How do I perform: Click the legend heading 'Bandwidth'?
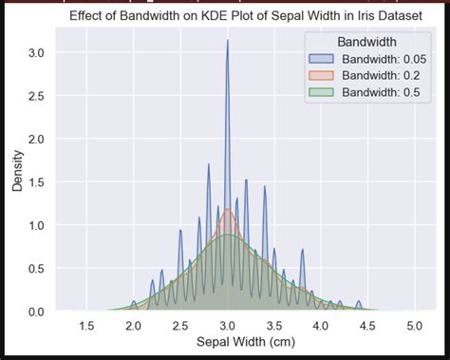pyautogui.click(x=366, y=42)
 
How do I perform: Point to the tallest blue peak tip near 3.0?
pyautogui.click(x=227, y=40)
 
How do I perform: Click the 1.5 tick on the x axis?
pyautogui.click(x=86, y=326)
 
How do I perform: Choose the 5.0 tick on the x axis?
pyautogui.click(x=414, y=326)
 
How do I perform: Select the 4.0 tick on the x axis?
pyautogui.click(x=320, y=326)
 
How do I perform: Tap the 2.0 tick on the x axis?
pyautogui.click(x=133, y=326)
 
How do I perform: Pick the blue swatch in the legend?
pyautogui.click(x=323, y=59)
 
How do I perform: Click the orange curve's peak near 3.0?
pyautogui.click(x=227, y=209)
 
